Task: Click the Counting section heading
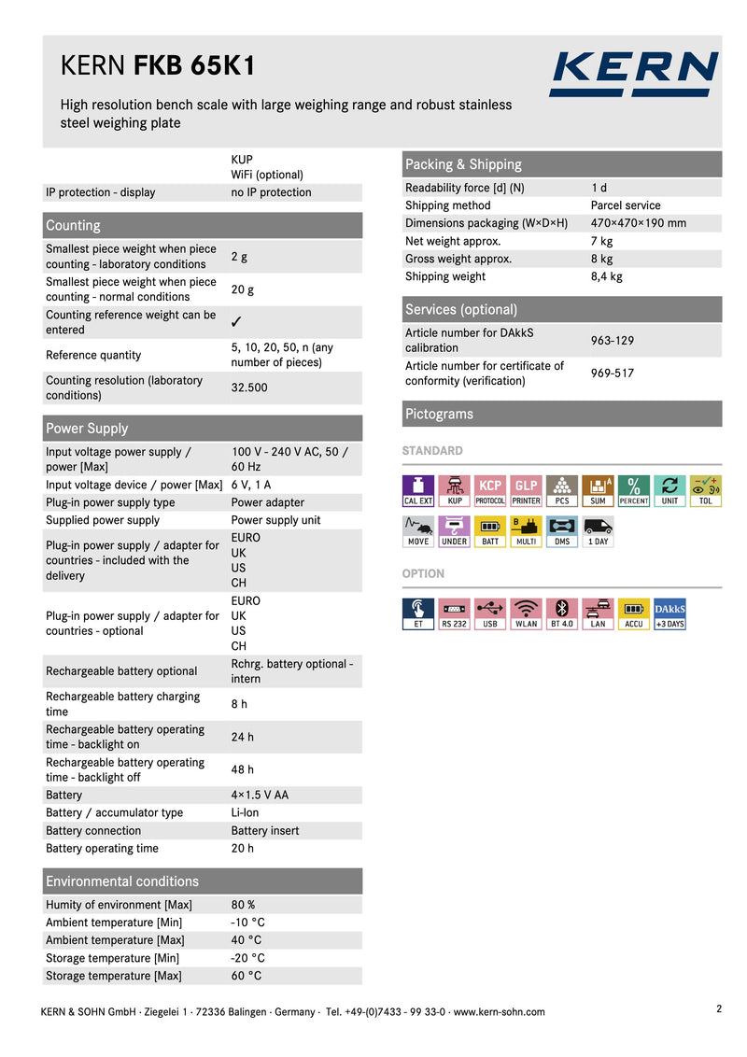[x=73, y=226]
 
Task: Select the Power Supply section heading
[x=87, y=429]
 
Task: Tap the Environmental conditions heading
[x=122, y=881]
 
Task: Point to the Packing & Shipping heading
[x=463, y=164]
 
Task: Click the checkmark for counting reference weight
[x=237, y=323]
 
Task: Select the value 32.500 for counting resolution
[x=249, y=388]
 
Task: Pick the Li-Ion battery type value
[x=246, y=813]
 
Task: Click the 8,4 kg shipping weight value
[x=607, y=276]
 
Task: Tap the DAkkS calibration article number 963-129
[x=613, y=340]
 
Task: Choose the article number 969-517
[x=613, y=373]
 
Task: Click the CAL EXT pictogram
[x=417, y=490]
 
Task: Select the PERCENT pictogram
[x=633, y=490]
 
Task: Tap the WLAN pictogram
[x=526, y=613]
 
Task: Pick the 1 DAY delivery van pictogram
[x=598, y=531]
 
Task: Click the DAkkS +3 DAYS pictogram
[x=669, y=613]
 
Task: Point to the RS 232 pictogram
[x=454, y=613]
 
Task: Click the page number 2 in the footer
[x=719, y=1008]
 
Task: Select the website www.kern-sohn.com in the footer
[x=499, y=1012]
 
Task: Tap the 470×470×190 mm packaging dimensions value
[x=638, y=223]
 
